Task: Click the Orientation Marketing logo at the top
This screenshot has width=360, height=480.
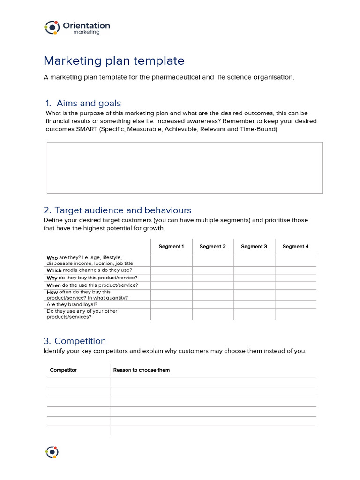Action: coord(77,28)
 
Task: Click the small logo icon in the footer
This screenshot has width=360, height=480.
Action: coord(52,452)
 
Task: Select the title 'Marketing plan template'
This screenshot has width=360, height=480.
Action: coord(114,61)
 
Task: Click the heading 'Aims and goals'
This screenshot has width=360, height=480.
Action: coord(89,103)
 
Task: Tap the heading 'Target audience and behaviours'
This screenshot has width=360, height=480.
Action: coord(123,210)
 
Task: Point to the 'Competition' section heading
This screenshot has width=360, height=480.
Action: coord(80,341)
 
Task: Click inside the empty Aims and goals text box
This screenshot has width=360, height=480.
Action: coord(185,168)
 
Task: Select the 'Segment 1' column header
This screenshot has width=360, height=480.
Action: coord(171,247)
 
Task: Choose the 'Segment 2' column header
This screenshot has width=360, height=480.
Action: coord(212,247)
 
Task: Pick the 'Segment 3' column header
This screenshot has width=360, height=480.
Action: coord(254,247)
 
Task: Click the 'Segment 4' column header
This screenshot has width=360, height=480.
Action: coord(295,247)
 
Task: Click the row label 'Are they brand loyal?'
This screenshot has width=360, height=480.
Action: coord(72,304)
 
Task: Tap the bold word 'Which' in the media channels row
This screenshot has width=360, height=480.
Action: coord(54,270)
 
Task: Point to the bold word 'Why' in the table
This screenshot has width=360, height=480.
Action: coord(52,278)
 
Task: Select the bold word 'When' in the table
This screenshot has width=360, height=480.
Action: coord(53,285)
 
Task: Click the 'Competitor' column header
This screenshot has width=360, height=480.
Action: coord(63,370)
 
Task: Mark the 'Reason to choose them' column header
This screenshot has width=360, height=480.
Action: coord(142,370)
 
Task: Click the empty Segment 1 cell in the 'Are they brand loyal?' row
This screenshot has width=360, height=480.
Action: coord(171,304)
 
